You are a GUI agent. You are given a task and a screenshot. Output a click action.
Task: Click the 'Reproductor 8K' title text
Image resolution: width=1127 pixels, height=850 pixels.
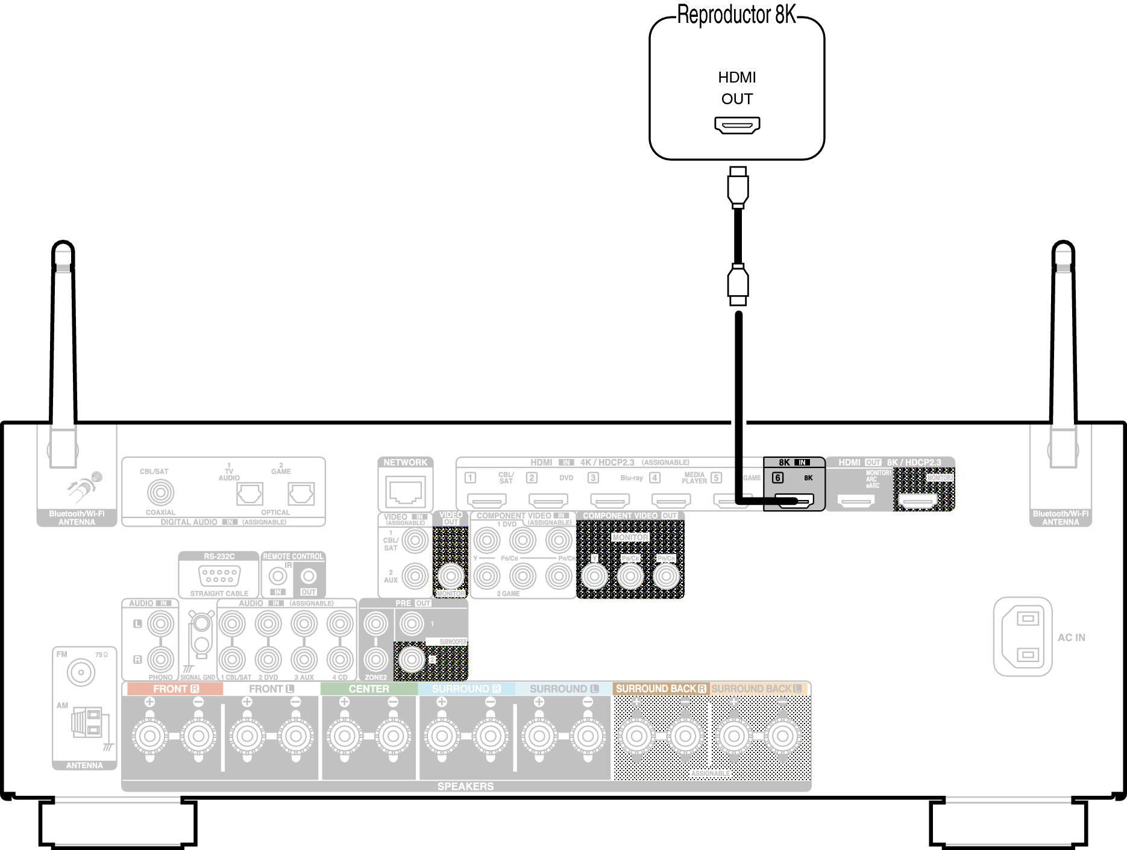(x=736, y=15)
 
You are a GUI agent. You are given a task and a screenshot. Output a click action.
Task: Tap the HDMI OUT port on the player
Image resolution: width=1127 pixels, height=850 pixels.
(x=737, y=125)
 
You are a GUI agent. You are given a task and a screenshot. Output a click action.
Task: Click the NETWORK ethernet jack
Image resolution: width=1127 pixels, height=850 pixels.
(x=406, y=491)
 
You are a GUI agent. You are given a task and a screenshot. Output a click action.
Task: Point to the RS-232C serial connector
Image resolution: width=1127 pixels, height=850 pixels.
(x=219, y=575)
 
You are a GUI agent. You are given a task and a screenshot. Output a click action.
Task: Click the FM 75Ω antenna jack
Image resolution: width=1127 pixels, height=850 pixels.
(x=81, y=672)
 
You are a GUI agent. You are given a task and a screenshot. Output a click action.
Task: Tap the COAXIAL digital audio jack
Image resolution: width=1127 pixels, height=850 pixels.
(x=160, y=493)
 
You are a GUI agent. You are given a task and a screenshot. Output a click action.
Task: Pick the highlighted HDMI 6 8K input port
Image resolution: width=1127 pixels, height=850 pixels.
(x=794, y=500)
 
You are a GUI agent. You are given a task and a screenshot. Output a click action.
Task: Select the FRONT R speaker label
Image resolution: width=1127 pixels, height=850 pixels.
(x=175, y=689)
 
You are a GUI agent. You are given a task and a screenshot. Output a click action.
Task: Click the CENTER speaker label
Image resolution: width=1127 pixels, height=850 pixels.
(x=369, y=689)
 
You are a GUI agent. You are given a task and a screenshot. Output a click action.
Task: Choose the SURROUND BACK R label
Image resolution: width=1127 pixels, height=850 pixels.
(x=661, y=689)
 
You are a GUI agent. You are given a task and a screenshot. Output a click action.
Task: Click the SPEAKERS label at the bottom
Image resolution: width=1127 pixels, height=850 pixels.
(x=465, y=786)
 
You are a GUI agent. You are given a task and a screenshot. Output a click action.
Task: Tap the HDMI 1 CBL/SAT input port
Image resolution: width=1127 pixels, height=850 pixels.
(x=487, y=500)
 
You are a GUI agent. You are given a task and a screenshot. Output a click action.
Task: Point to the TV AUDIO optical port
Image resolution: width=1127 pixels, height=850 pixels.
(x=250, y=494)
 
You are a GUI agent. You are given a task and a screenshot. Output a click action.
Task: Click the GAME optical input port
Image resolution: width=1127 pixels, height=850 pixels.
(x=301, y=494)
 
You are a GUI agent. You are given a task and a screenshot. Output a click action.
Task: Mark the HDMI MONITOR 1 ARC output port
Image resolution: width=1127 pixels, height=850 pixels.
(x=856, y=500)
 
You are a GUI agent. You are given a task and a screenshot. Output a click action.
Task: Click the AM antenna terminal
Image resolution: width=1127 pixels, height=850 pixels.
(x=87, y=723)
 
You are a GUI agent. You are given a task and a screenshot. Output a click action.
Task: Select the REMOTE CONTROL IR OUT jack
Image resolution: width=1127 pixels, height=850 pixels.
(x=309, y=577)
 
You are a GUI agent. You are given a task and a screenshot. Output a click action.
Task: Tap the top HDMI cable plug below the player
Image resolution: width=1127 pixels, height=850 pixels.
(x=738, y=187)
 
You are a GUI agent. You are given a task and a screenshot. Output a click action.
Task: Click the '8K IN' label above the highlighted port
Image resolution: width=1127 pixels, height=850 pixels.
(x=794, y=462)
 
